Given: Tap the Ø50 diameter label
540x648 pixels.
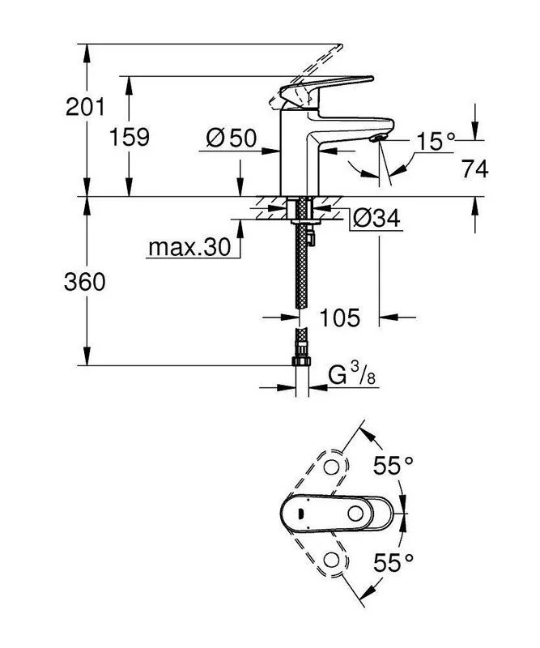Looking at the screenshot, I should (x=231, y=139).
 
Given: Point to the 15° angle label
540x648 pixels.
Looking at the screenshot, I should (x=436, y=143).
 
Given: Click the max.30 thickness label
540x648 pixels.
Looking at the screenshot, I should (x=189, y=247).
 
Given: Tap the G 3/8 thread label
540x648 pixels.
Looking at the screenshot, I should (x=352, y=374).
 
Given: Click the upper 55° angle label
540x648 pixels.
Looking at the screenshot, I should (x=393, y=466).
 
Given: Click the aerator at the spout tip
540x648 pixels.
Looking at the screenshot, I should (x=377, y=139).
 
